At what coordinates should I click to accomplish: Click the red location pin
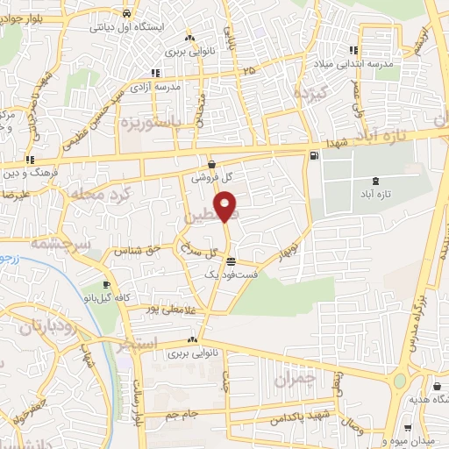coord(227,208)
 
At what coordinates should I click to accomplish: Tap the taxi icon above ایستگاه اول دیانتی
coord(128,14)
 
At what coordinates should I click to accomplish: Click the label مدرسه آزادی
coord(155,88)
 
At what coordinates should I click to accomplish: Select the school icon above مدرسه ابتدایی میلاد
coord(353,50)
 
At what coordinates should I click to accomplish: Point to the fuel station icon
coord(314,156)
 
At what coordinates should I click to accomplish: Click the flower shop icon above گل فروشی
coord(212,163)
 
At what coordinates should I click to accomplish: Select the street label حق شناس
coord(141,250)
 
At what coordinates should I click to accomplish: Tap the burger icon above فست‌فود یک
coord(230,261)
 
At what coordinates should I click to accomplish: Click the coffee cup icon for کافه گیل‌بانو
coord(107,285)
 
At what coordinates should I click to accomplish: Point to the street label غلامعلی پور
coord(176,309)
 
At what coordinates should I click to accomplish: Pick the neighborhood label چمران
coord(294,379)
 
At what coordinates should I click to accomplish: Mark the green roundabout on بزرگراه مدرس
coord(400,381)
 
